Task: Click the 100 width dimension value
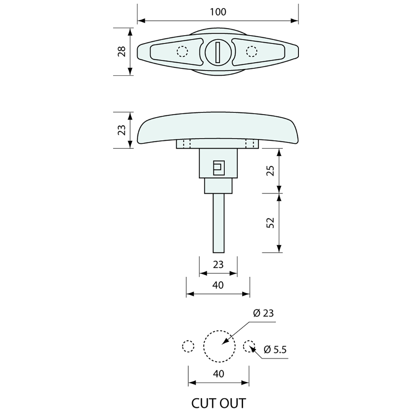pyautogui.click(x=218, y=12)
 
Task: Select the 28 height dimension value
pyautogui.click(x=122, y=51)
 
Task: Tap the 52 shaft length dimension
pyautogui.click(x=270, y=223)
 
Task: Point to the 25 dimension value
pyautogui.click(x=270, y=170)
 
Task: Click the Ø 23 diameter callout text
pyautogui.click(x=263, y=313)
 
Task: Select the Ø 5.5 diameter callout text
pyautogui.click(x=275, y=349)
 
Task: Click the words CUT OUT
pyautogui.click(x=219, y=403)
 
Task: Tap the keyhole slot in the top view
pyautogui.click(x=218, y=52)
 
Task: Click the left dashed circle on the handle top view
pyautogui.click(x=182, y=51)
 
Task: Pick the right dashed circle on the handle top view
pyautogui.click(x=251, y=51)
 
